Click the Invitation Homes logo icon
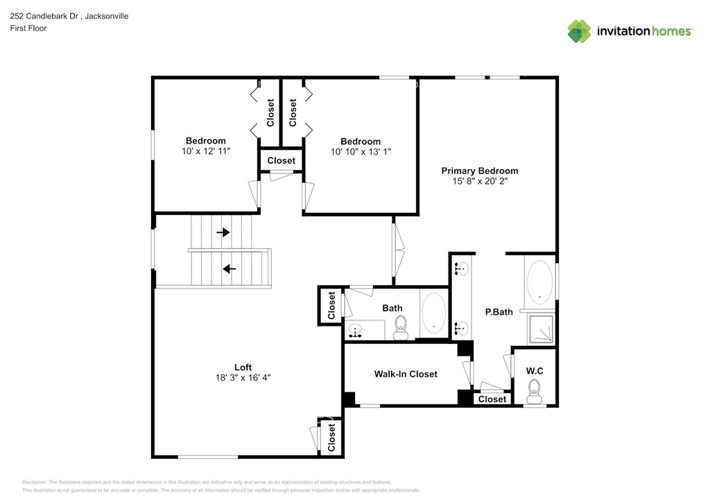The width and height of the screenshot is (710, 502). tap(579, 31)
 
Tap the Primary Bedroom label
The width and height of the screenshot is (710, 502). tap(480, 171)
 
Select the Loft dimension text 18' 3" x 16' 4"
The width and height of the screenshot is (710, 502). tap(243, 377)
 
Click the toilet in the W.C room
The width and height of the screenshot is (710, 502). tap(535, 392)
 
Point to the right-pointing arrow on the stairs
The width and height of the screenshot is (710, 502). tap(223, 232)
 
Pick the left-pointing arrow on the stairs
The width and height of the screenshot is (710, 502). tap(229, 269)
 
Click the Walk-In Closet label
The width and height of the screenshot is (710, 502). tap(406, 374)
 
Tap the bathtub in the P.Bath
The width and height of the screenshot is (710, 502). tap(539, 282)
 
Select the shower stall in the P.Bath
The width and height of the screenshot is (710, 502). tap(541, 329)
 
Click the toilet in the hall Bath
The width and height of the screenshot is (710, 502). tap(400, 327)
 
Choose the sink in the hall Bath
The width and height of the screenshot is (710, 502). tap(356, 331)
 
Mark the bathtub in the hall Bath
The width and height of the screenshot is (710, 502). tap(434, 313)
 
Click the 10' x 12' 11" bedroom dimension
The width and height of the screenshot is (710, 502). tap(206, 151)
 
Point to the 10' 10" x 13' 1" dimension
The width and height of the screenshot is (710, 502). tap(361, 152)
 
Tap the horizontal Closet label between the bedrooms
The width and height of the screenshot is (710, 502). tap(282, 161)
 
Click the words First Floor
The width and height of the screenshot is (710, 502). tap(28, 28)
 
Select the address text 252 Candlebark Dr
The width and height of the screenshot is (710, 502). tap(44, 16)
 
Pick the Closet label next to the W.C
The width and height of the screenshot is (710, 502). tap(492, 399)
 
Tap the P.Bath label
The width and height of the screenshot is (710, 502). tap(499, 312)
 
